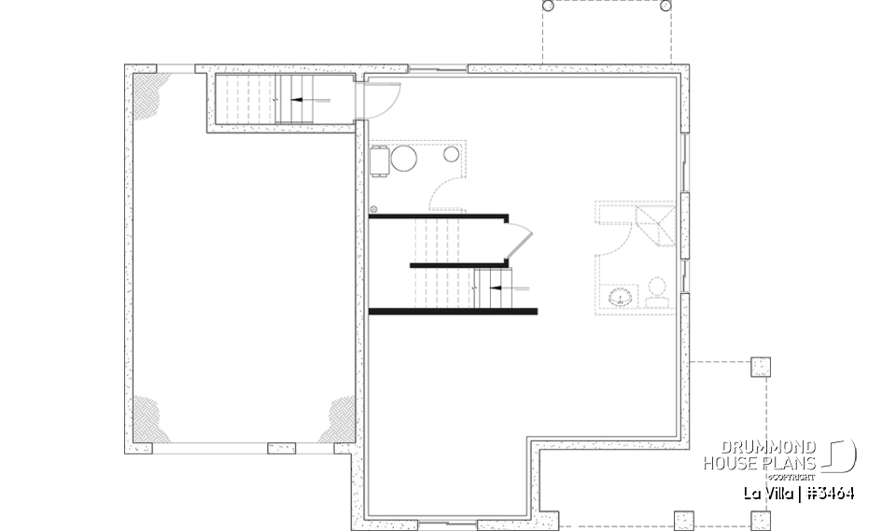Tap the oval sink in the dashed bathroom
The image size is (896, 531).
click(620, 299)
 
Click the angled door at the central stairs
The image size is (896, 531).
click(518, 240)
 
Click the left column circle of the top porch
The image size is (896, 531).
click(548, 6)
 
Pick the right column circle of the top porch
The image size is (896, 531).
click(665, 6)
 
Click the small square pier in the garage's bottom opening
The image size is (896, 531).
click(281, 448)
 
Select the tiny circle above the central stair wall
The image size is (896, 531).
click(374, 209)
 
